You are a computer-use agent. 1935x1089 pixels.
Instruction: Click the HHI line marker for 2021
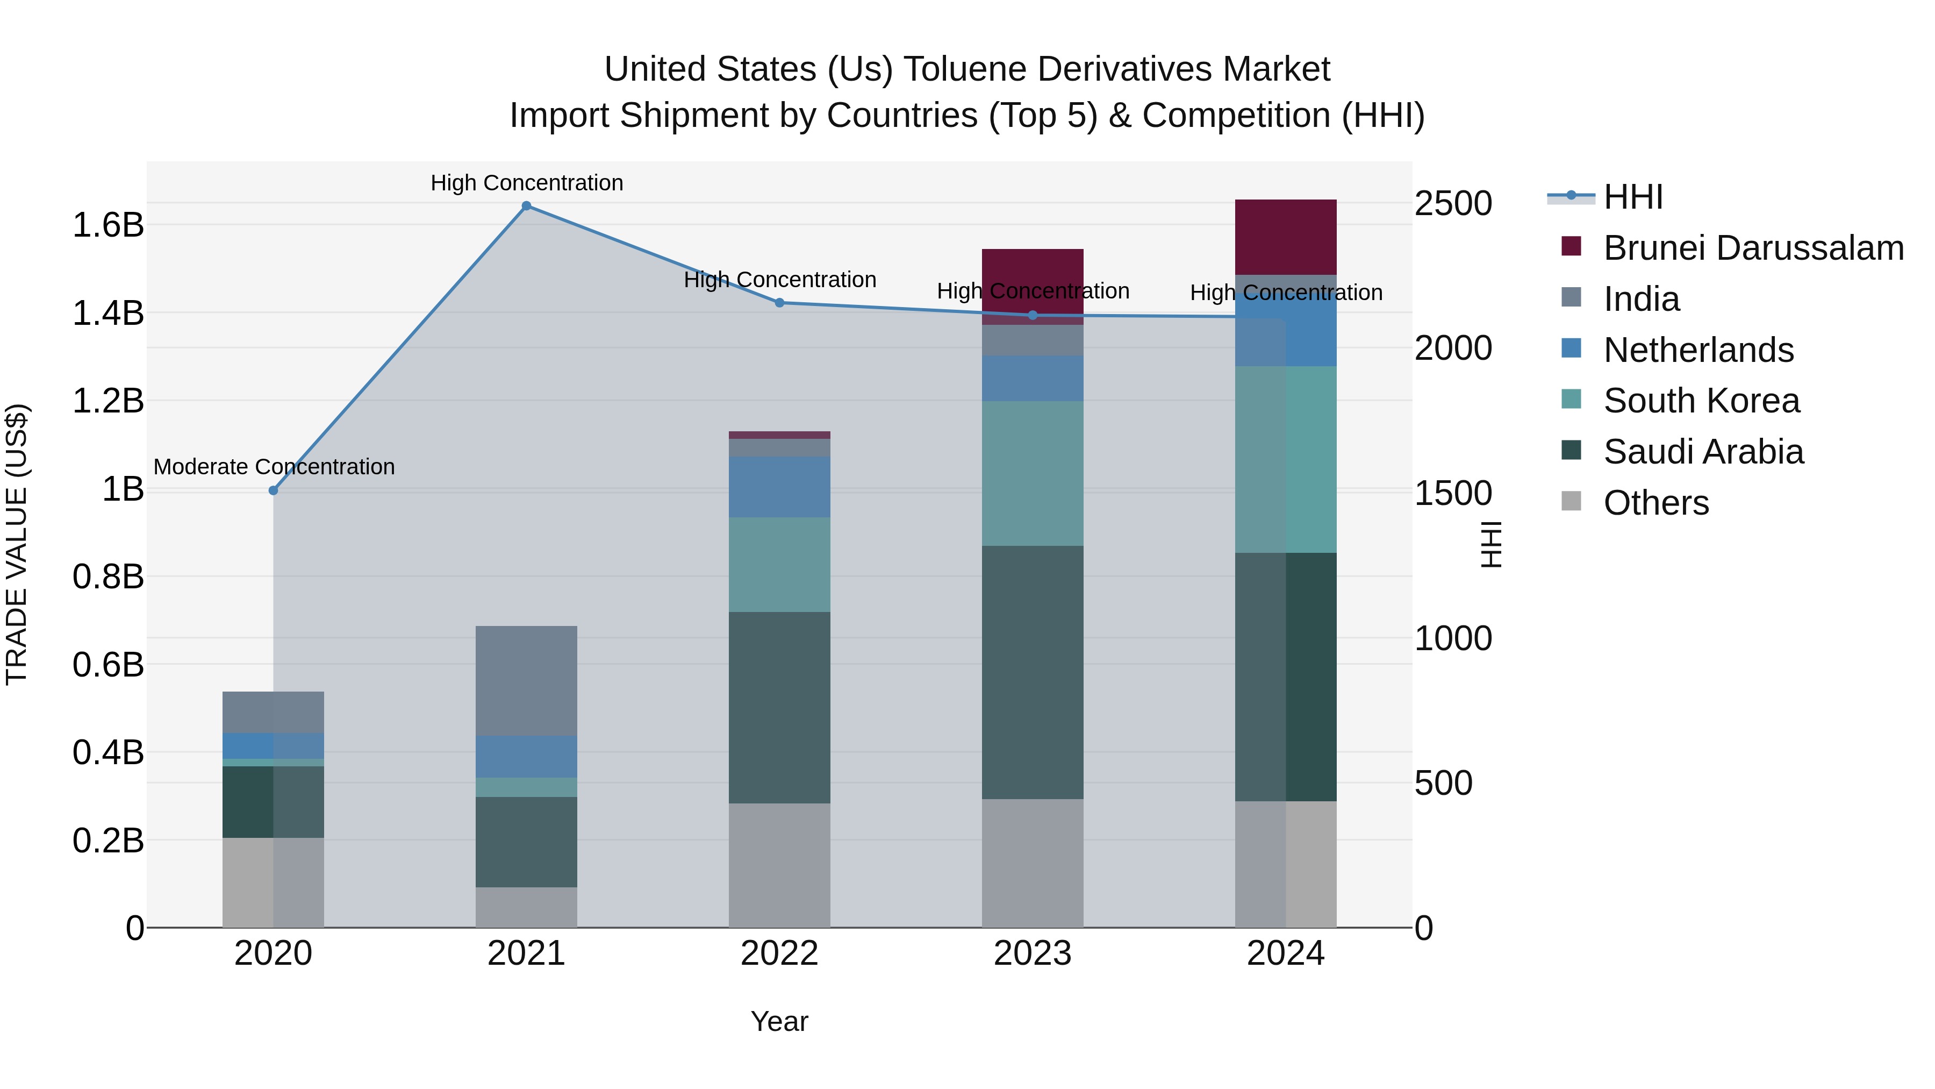527,206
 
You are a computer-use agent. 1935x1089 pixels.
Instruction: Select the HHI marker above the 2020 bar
274,491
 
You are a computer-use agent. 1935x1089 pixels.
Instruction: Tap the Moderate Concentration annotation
274,467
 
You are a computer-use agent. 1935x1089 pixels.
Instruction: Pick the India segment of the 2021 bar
527,681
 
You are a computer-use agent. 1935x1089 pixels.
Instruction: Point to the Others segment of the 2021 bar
527,907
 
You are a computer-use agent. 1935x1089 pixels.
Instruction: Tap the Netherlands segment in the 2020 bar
274,745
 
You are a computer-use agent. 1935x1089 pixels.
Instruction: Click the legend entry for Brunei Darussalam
1753,248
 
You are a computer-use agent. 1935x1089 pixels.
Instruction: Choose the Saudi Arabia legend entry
1703,452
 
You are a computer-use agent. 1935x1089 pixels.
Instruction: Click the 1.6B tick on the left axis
108,225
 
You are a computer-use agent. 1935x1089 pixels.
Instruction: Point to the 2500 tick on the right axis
1453,204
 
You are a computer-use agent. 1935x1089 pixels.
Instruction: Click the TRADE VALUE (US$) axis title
17,544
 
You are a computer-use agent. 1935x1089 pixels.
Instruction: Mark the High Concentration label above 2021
527,183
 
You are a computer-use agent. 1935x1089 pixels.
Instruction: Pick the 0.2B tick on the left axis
108,840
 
